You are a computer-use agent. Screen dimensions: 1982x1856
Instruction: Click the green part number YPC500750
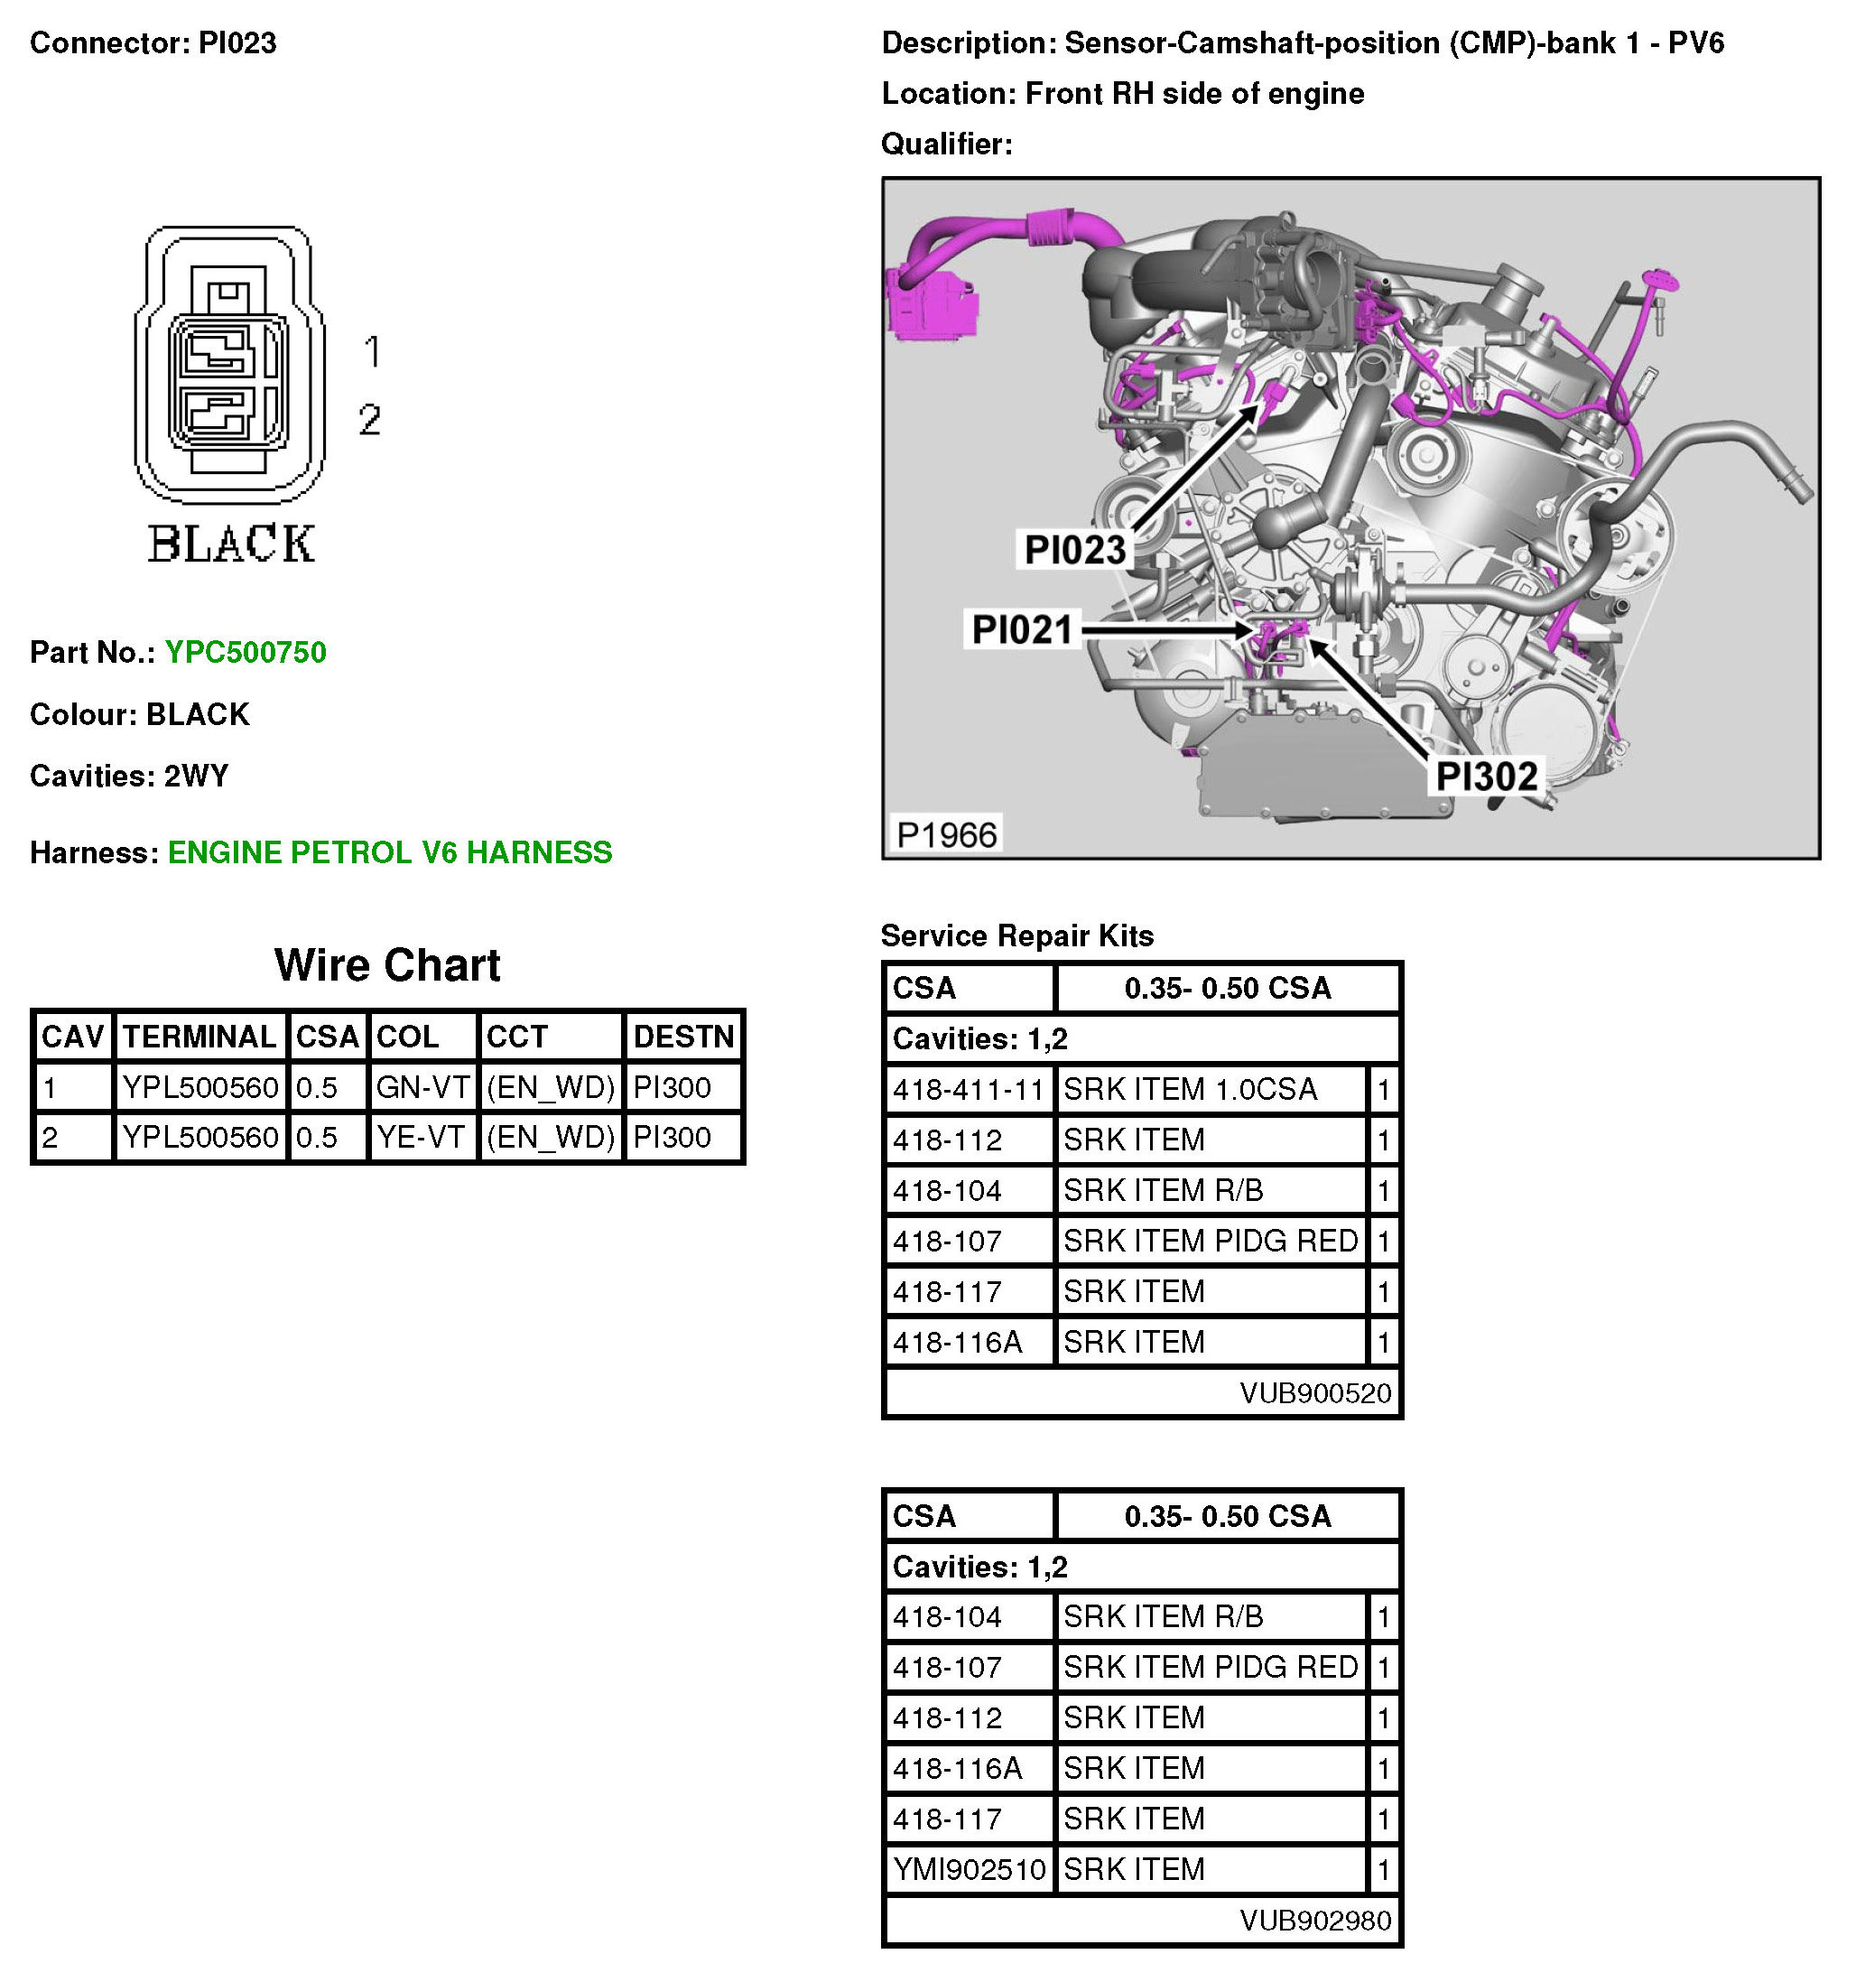click(246, 652)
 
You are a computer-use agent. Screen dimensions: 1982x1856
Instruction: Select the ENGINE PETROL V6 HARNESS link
click(390, 852)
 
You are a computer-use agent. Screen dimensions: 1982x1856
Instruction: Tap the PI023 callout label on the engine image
click(1074, 549)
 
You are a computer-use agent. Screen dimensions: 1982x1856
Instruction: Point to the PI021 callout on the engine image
click(1022, 630)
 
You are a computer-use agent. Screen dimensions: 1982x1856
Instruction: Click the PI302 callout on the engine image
click(1486, 776)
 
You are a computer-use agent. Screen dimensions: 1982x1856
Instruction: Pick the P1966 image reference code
click(946, 834)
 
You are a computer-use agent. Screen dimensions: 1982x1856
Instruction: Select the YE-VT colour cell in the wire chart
click(421, 1137)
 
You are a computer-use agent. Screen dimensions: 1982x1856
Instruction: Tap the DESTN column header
click(683, 1037)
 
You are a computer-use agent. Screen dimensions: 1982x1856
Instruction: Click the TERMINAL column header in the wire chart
click(200, 1037)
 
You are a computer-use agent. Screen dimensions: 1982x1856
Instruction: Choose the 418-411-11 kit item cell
click(968, 1090)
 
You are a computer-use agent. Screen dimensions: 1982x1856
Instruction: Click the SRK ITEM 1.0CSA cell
click(1190, 1090)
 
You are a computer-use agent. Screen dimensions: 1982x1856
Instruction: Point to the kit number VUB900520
click(1314, 1392)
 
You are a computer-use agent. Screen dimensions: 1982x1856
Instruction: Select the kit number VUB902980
click(1314, 1921)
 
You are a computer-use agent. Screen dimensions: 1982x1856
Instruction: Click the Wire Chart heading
click(386, 965)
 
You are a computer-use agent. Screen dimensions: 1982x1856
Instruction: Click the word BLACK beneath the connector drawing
click(231, 544)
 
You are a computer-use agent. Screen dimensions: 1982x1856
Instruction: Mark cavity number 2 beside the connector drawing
click(370, 420)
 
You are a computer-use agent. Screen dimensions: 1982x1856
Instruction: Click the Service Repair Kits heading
click(1016, 935)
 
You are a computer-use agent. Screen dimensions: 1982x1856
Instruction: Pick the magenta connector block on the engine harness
click(932, 304)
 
